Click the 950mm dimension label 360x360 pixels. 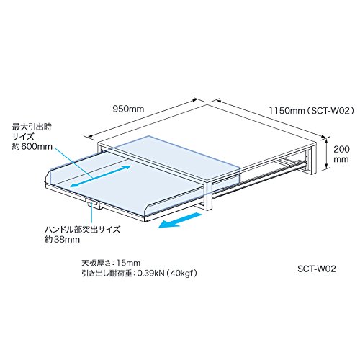tap(128, 109)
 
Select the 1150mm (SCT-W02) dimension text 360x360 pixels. tap(311, 111)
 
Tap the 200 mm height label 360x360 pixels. tap(341, 154)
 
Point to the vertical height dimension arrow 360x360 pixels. tap(326, 153)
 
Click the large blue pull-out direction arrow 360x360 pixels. tap(180, 220)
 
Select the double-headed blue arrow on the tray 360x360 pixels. tap(101, 176)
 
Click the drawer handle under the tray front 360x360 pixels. tap(92, 203)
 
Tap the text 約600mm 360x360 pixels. tap(32, 146)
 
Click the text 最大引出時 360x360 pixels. tap(32, 126)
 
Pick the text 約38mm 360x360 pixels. tap(62, 239)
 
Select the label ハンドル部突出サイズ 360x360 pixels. tap(82, 229)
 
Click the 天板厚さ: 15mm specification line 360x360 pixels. tap(111, 263)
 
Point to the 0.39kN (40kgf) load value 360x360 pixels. tap(167, 274)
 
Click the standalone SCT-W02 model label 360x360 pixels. tap(317, 269)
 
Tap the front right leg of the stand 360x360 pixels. tap(207, 196)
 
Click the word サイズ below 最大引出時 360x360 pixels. tap(23, 136)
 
